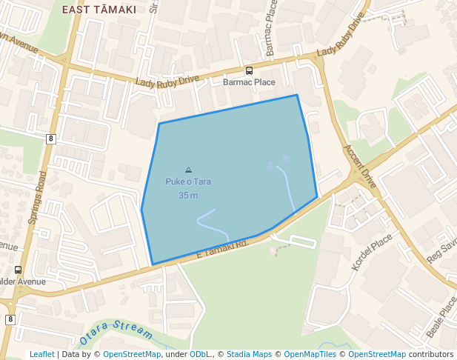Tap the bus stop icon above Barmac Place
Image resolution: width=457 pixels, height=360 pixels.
point(249,71)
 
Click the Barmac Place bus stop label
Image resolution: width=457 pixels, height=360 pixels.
point(249,82)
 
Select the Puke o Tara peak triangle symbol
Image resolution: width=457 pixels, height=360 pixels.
point(188,170)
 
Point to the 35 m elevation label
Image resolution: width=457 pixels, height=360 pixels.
point(188,196)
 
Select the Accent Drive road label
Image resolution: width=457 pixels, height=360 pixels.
point(360,165)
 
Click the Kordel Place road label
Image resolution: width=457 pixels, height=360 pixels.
point(372,253)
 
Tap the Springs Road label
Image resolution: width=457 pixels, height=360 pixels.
point(37,198)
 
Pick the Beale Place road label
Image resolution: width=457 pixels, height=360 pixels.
point(442,317)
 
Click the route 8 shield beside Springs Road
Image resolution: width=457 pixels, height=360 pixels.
point(50,139)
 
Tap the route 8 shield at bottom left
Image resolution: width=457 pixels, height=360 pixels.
point(10,319)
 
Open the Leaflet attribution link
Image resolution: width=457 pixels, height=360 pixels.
point(41,355)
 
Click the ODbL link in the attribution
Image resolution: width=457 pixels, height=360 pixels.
point(200,355)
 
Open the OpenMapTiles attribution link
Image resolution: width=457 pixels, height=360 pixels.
point(310,355)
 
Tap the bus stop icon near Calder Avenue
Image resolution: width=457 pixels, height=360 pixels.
point(18,270)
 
